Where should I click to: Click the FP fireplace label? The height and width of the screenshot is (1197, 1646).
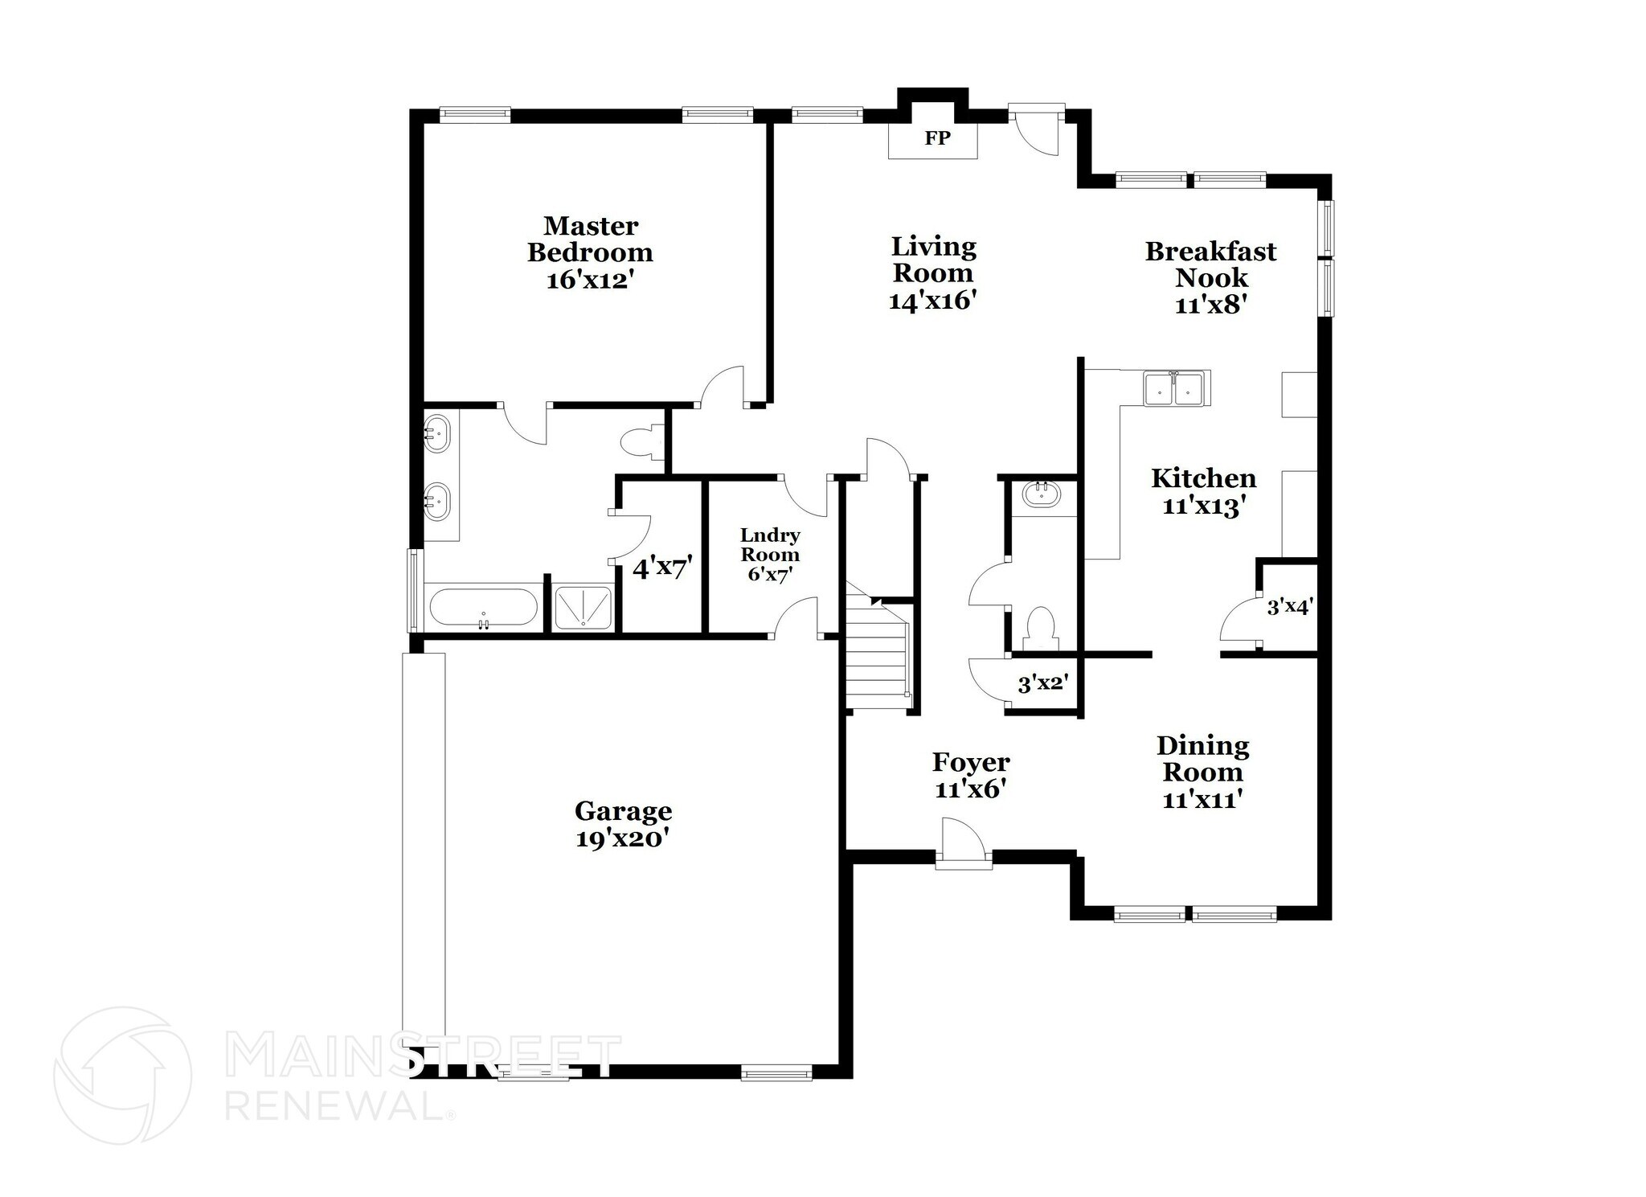(937, 138)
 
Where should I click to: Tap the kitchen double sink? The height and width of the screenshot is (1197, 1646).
(1175, 388)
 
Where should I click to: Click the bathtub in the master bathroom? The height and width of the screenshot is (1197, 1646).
(483, 608)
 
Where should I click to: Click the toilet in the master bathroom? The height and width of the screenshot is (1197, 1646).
(641, 441)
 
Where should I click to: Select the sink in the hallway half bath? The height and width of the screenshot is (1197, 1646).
(1042, 494)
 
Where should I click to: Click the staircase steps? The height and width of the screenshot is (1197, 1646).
(876, 655)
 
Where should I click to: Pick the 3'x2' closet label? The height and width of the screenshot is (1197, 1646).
(1042, 684)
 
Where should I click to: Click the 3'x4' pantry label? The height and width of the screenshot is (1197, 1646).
(1289, 607)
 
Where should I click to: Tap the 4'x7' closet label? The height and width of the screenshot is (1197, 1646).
(662, 569)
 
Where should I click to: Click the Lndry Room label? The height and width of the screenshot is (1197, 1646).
(770, 545)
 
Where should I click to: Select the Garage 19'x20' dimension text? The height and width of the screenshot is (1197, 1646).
(623, 839)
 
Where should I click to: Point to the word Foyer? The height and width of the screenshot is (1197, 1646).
(971, 762)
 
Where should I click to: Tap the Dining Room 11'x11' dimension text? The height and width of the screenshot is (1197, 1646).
(1202, 800)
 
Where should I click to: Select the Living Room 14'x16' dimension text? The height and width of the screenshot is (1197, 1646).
(932, 301)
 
